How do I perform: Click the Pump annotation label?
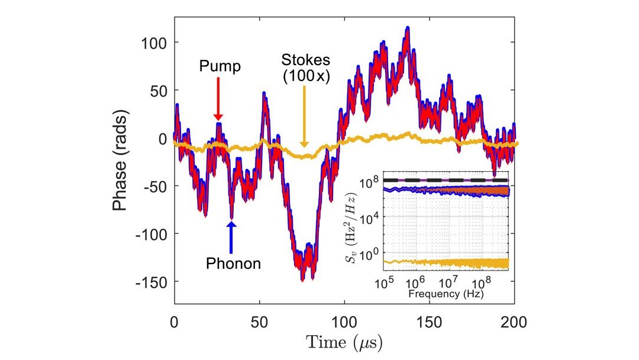tap(220, 66)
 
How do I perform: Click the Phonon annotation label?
tap(233, 263)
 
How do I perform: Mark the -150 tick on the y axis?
tap(151, 282)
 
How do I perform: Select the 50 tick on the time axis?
tap(259, 323)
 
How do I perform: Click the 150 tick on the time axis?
tap(430, 323)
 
